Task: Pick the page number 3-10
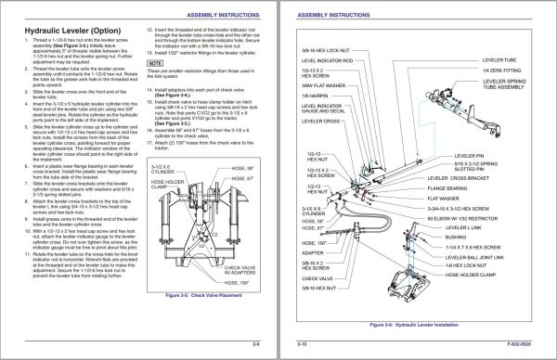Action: (301, 343)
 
